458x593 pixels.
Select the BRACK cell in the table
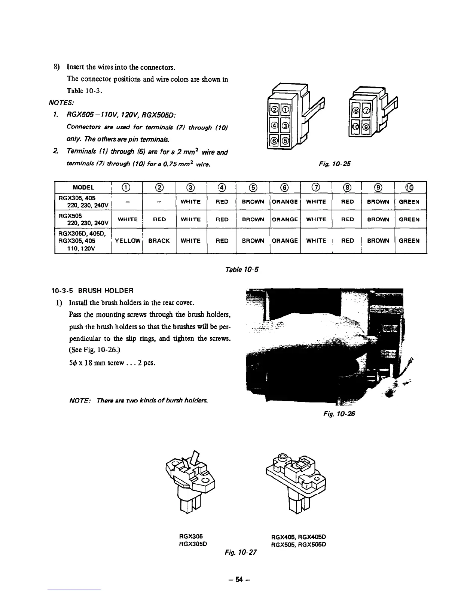coord(159,241)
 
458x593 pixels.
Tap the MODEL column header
coord(83,188)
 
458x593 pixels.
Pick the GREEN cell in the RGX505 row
coord(409,219)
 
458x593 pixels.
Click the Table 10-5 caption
coord(242,269)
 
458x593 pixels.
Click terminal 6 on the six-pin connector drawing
coord(275,141)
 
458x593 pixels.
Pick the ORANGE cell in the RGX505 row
coord(284,219)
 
